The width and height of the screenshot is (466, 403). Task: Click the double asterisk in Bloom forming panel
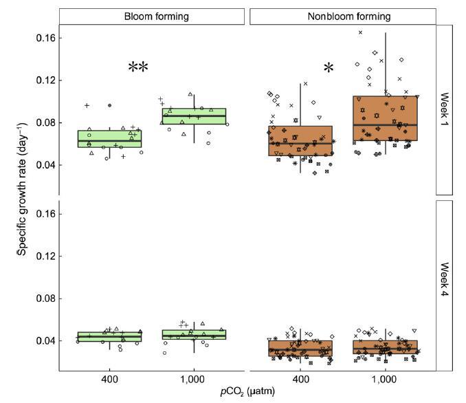tap(138, 67)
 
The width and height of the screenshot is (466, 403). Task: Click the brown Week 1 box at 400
tap(300, 141)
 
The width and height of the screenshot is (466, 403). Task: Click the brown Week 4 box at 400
tap(300, 348)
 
